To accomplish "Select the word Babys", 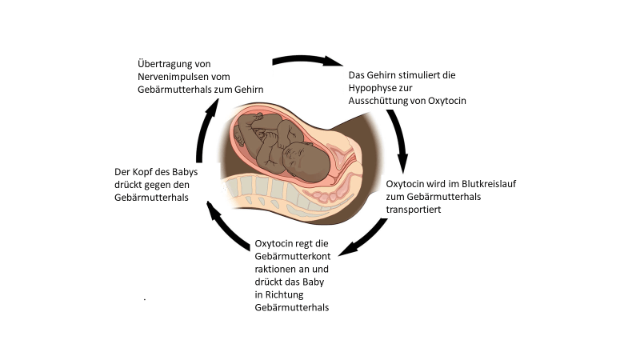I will tap(184, 172).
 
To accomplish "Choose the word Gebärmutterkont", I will tap(294, 256).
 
